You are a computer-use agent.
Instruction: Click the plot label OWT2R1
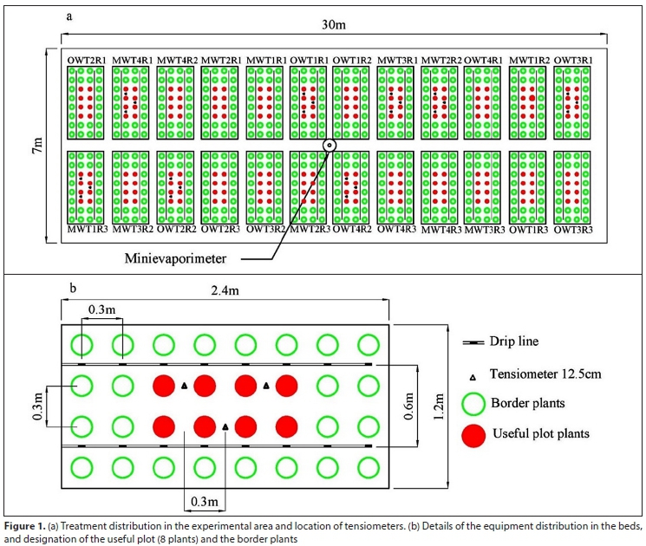coord(86,59)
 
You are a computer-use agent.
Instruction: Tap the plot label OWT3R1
coord(572,59)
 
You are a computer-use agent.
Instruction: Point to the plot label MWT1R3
coord(86,229)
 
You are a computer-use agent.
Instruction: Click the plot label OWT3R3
coord(572,229)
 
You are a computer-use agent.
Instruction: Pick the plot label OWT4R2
coord(351,229)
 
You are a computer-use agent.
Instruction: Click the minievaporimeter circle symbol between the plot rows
coord(329,145)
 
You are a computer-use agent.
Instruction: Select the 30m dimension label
coord(334,24)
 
